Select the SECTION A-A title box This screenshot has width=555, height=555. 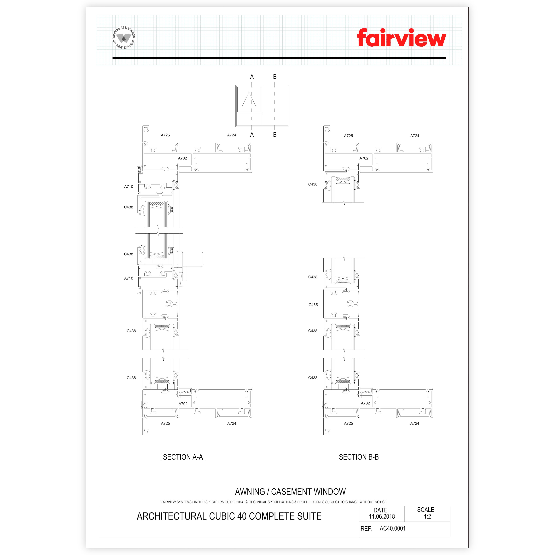[x=183, y=457]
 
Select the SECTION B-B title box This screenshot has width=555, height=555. [x=359, y=457]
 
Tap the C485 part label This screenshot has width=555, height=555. [x=313, y=305]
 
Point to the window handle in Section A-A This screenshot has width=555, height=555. [x=192, y=259]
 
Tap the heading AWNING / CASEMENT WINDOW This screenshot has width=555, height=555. [x=290, y=492]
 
